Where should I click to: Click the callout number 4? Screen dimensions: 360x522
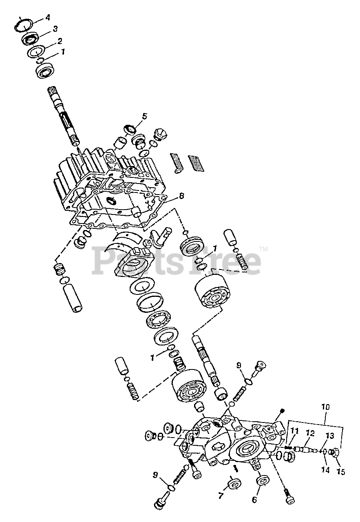click(x=48, y=18)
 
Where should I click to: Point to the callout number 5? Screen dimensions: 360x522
click(x=144, y=116)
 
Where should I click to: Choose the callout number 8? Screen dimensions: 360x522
click(x=181, y=196)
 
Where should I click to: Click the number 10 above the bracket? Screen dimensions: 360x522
click(x=326, y=407)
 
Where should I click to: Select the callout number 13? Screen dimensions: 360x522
click(x=329, y=436)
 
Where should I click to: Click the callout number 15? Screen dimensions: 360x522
click(x=341, y=471)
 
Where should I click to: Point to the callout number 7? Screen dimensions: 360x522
click(x=221, y=496)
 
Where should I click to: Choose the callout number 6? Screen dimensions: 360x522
click(x=254, y=500)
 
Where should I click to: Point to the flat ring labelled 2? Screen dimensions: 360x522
click(x=36, y=52)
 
